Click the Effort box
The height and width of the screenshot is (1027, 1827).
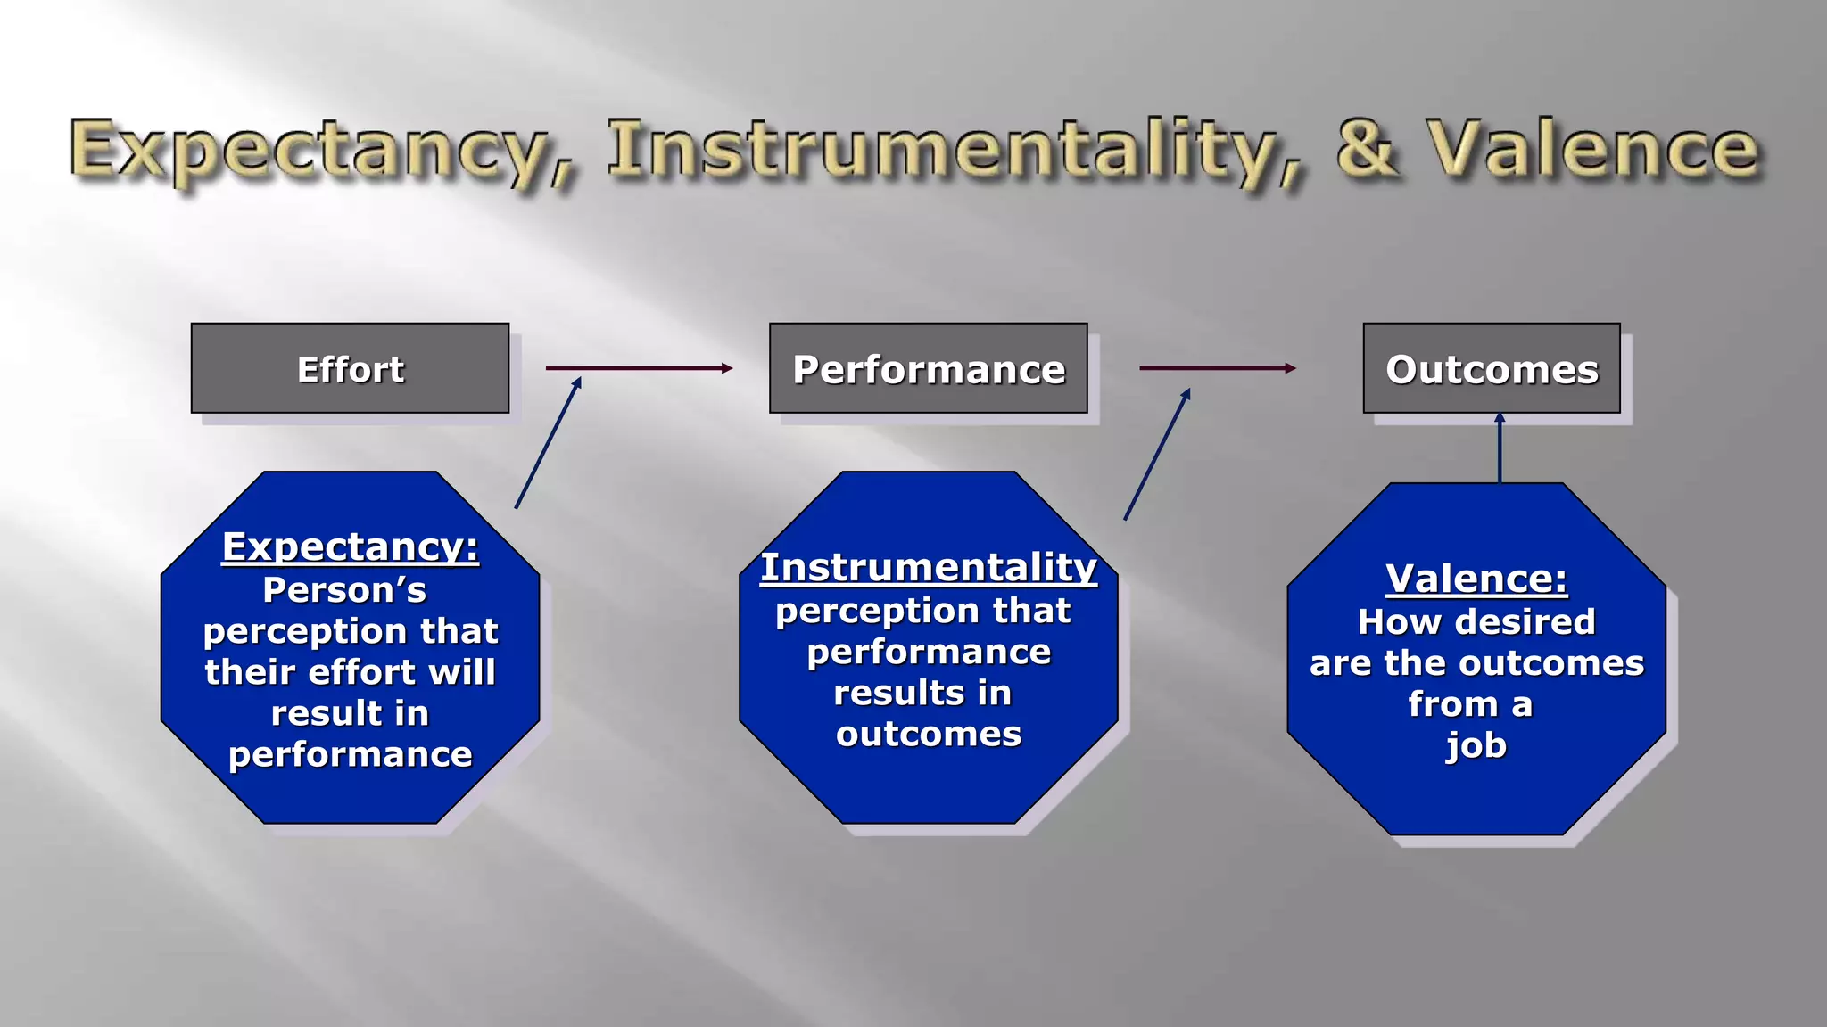(x=350, y=368)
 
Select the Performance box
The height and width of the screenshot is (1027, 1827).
(x=928, y=368)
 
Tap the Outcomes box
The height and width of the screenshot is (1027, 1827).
(x=1491, y=368)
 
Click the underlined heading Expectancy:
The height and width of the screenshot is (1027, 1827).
(x=350, y=546)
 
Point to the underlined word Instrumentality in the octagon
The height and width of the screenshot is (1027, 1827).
(x=928, y=568)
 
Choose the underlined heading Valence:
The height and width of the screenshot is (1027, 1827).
(x=1476, y=579)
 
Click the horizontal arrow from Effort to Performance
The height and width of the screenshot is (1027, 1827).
(x=638, y=367)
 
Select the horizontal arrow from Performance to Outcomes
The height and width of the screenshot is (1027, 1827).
(x=1217, y=367)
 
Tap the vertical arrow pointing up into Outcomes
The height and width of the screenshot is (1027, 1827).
(x=1499, y=448)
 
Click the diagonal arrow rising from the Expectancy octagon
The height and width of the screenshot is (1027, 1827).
(x=548, y=443)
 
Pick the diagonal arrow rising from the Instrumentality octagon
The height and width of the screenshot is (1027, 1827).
(x=1157, y=455)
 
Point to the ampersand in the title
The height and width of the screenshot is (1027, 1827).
(x=1367, y=148)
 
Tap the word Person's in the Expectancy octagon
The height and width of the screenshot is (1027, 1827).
(x=344, y=590)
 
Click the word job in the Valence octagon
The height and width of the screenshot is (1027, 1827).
(x=1476, y=745)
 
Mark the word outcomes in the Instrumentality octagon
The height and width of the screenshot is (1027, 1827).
(x=928, y=734)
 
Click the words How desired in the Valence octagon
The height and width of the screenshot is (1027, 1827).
(x=1476, y=621)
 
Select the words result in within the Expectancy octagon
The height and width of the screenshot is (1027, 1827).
(x=350, y=713)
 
